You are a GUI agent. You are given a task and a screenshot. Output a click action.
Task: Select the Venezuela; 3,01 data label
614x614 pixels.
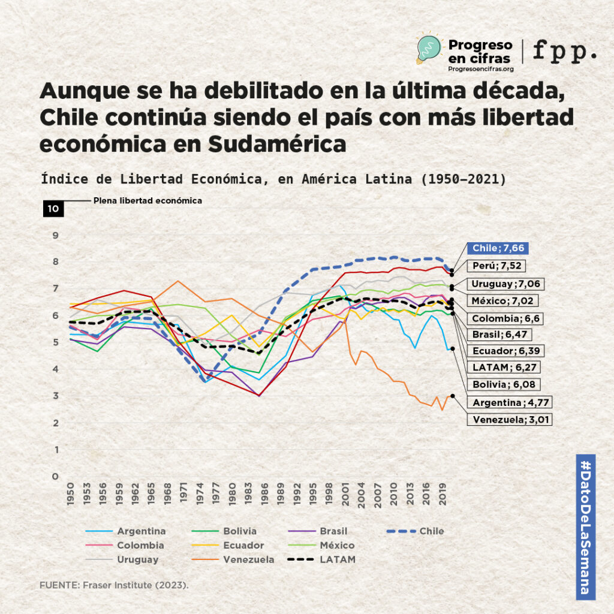509,419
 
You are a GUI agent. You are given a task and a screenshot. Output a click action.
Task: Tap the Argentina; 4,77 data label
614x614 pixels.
510,402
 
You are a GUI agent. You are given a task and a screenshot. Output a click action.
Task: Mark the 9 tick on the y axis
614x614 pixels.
55,235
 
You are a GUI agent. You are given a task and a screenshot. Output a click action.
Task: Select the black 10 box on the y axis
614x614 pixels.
53,209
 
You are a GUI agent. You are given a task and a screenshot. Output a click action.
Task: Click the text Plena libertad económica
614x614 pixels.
148,201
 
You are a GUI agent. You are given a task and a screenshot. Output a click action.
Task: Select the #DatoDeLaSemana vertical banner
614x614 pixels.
585,526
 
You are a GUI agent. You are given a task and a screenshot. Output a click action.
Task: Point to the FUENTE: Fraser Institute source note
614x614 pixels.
114,584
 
